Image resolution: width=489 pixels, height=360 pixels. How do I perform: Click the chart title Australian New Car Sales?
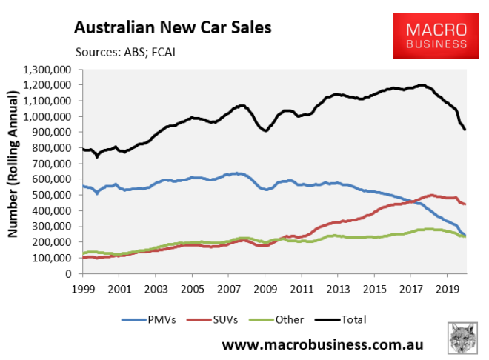tap(172, 29)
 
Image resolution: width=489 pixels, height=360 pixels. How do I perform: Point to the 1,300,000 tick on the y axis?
tap(47, 70)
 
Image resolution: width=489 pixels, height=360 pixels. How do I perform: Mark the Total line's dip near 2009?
tap(265, 130)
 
